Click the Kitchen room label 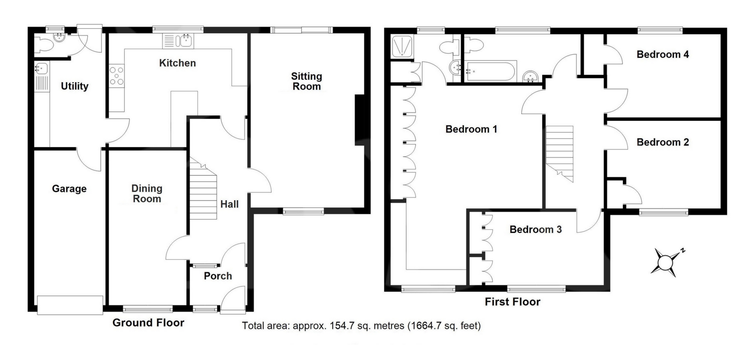(x=177, y=63)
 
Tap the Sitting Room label (x=306, y=81)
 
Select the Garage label (x=69, y=189)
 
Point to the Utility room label (x=74, y=86)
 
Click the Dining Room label (x=147, y=194)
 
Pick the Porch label (x=218, y=276)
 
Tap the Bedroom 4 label (x=663, y=55)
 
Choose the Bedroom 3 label (x=536, y=229)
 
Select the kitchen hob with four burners (x=117, y=76)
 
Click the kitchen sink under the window (x=179, y=41)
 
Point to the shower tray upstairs (x=401, y=47)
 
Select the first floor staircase (x=559, y=153)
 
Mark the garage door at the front (x=70, y=305)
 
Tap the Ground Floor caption (x=148, y=323)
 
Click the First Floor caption (x=512, y=302)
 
